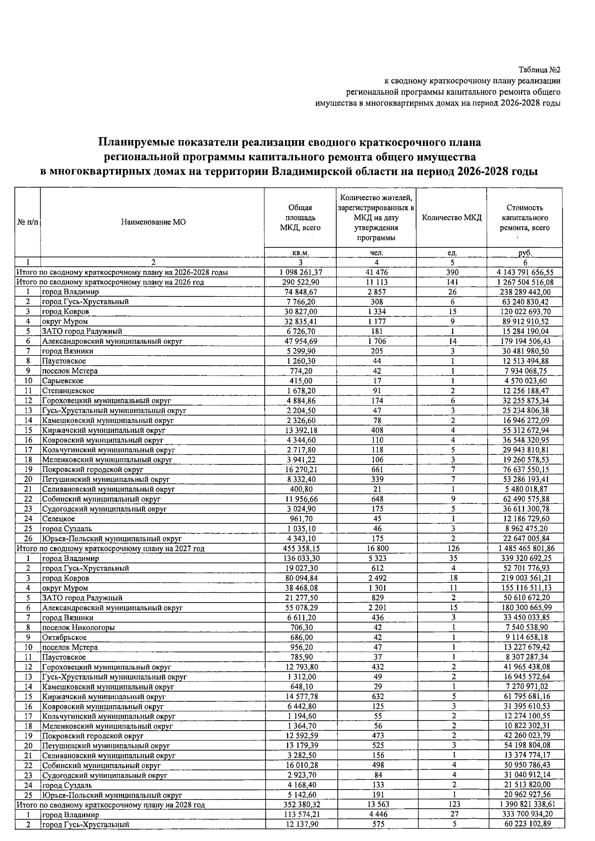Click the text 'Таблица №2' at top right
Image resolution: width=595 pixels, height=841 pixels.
pos(539,70)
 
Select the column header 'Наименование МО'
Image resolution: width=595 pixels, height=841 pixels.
pos(153,223)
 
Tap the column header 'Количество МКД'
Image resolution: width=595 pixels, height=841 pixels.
pos(451,218)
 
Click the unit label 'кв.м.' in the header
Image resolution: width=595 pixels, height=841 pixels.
pos(301,253)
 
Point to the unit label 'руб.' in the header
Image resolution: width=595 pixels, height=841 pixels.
pos(525,253)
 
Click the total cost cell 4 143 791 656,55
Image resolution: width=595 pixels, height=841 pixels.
pos(525,273)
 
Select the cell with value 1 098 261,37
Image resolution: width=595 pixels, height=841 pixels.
pos(301,273)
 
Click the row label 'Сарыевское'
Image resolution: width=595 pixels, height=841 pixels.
pos(62,381)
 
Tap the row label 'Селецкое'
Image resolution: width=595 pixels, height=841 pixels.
pos(59,519)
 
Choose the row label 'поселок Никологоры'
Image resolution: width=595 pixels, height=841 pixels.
pos(78,627)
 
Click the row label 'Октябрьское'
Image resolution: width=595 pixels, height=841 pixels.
pos(64,637)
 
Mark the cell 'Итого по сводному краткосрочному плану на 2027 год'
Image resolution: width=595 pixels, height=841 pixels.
pos(111,549)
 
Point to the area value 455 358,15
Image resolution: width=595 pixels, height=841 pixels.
pos(301,549)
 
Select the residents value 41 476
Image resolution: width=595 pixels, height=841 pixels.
pos(376,273)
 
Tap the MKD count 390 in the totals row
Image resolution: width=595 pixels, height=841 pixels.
pos(452,273)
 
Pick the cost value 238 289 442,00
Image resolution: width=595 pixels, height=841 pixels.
pos(525,292)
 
